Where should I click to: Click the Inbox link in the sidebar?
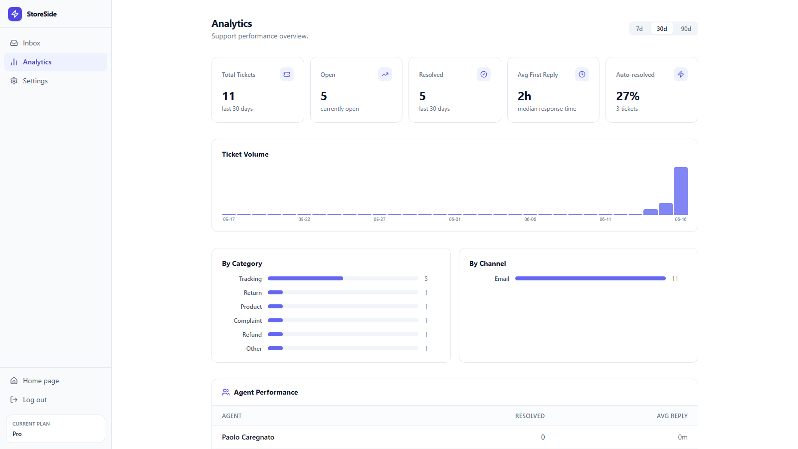(x=31, y=43)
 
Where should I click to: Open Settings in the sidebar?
(x=35, y=81)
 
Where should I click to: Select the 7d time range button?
(x=639, y=29)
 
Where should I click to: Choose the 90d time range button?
(x=686, y=29)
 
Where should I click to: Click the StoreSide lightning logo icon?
(x=15, y=14)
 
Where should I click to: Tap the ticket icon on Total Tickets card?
(x=287, y=74)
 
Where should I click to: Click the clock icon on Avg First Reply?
(x=582, y=74)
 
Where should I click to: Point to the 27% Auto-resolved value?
(x=628, y=96)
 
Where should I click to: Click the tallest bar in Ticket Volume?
(x=680, y=191)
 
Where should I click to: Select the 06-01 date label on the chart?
(x=454, y=220)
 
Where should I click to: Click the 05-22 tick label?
(x=304, y=220)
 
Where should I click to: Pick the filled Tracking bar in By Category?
(x=305, y=278)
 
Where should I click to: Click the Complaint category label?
(x=247, y=321)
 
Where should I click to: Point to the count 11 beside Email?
(x=675, y=279)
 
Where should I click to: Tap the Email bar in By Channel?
(x=591, y=278)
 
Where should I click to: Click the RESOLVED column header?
(x=530, y=416)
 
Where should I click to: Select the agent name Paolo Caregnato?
(x=248, y=437)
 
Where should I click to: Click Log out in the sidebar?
(x=34, y=400)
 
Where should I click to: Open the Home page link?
(x=40, y=381)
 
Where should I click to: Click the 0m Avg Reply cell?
(x=683, y=437)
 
